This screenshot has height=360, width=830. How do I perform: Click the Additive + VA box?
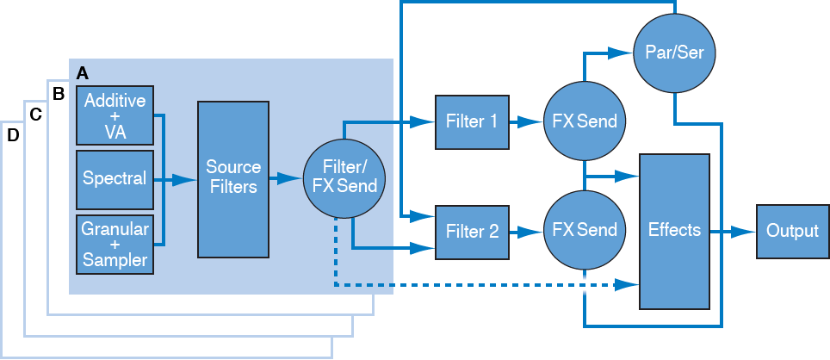coord(115,115)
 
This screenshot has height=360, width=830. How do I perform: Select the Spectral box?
coord(115,179)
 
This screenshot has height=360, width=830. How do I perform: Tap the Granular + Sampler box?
coord(115,245)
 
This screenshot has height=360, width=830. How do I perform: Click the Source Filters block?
coord(232,179)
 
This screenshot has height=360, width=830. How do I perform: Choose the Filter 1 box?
coord(471,121)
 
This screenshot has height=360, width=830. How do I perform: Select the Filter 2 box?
coord(471,230)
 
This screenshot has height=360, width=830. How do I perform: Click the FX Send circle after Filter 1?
coord(585,121)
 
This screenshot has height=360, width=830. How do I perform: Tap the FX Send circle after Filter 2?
coord(585,230)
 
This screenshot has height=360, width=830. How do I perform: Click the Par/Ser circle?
coord(675,53)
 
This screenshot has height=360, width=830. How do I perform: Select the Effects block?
coord(675,231)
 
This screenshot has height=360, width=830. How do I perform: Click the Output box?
coord(792,231)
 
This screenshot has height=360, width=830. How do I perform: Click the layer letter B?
coord(59,93)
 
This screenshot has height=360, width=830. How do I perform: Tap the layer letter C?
coord(35,115)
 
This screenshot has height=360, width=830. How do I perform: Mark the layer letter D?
coord(13,136)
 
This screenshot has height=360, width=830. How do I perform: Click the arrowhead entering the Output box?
coord(746,231)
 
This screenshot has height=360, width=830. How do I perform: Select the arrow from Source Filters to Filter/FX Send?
coord(284,179)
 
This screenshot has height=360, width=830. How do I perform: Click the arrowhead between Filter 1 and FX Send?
coord(531,121)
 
